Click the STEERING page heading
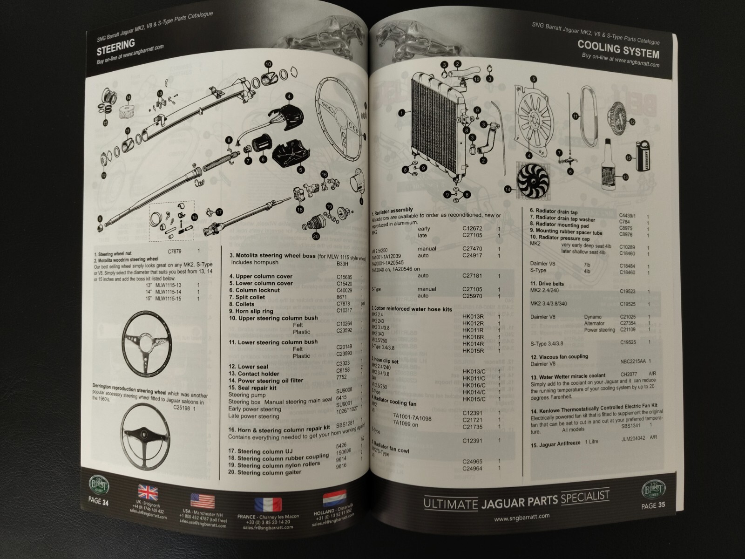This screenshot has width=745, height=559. [115, 45]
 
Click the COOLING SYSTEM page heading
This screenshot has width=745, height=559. [618, 48]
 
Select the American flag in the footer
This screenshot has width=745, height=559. [203, 502]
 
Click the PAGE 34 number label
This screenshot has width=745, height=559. [98, 502]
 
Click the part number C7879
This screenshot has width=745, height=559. [174, 251]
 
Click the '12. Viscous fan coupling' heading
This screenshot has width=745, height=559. [559, 357]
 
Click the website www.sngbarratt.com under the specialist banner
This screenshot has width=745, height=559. [522, 516]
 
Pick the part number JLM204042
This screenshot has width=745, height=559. [633, 439]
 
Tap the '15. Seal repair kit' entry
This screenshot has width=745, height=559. [252, 388]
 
